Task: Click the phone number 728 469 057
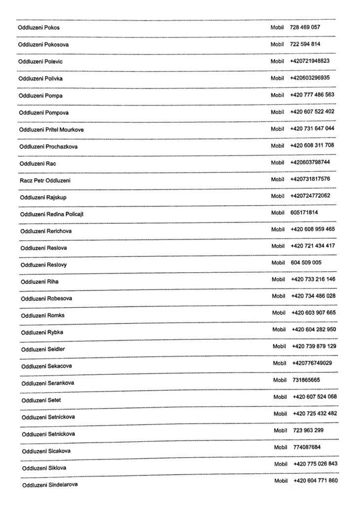(x=305, y=27)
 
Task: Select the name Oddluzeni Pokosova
(x=43, y=44)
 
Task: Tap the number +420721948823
(x=310, y=61)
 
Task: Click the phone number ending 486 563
(x=312, y=95)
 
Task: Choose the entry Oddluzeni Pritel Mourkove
(x=51, y=130)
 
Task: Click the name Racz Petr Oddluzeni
(x=45, y=180)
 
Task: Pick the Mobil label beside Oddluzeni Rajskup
(x=278, y=196)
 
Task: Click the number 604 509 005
(x=306, y=263)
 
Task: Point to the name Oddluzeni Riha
(x=39, y=282)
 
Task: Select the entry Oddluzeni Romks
(x=42, y=316)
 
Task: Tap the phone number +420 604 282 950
(x=314, y=329)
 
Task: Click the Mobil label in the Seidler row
(x=279, y=346)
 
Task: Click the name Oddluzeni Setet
(x=41, y=400)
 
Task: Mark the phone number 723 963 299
(x=308, y=431)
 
